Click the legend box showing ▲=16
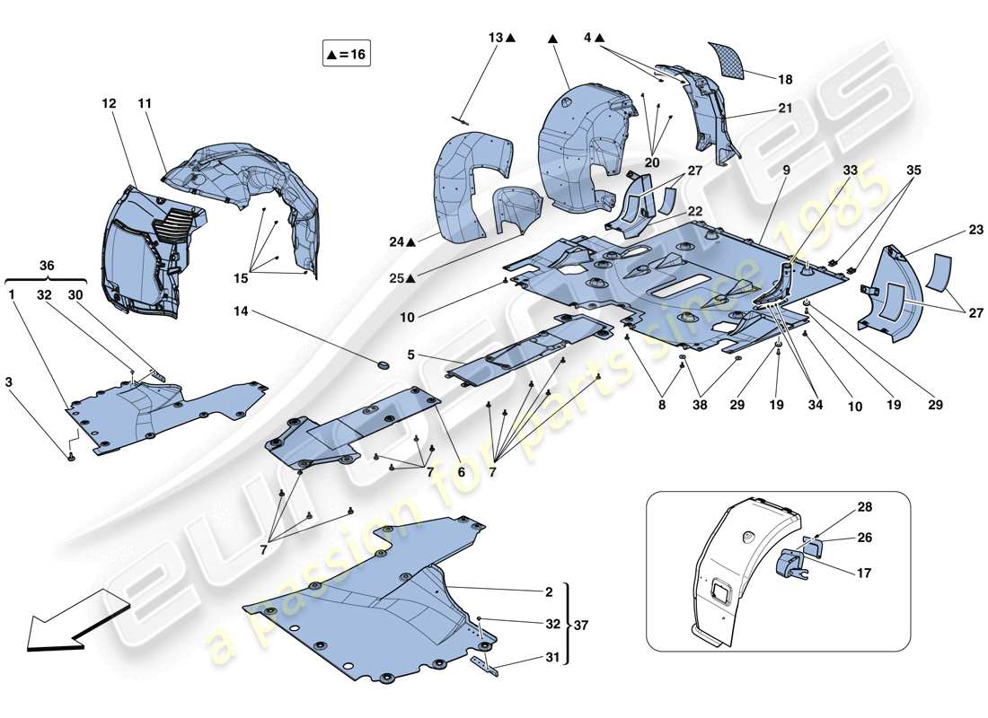tap(346, 54)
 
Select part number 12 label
tap(109, 104)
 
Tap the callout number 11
tap(145, 104)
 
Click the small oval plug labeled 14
tap(383, 364)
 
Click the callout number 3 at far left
tap(9, 382)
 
